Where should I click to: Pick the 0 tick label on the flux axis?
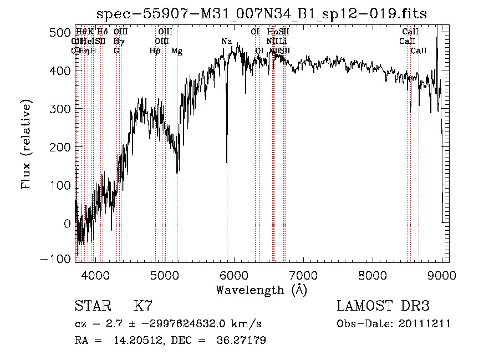tap(68, 224)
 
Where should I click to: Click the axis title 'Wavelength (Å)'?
tap(261, 290)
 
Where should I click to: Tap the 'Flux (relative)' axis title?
tap(26, 145)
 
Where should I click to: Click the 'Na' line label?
tap(226, 42)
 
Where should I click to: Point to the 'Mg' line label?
tap(177, 51)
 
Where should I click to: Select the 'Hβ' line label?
tap(155, 51)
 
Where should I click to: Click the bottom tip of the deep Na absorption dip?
tap(227, 163)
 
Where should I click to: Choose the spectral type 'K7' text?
tap(143, 306)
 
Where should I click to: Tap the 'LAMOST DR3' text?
tap(383, 306)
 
